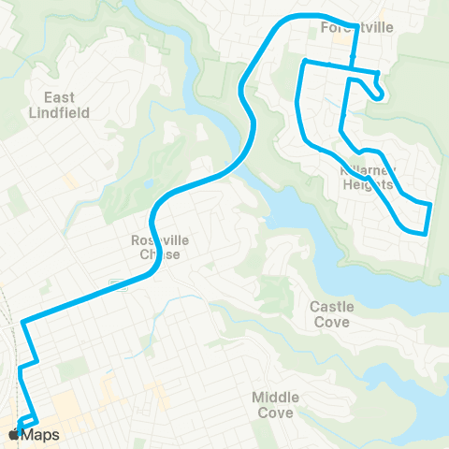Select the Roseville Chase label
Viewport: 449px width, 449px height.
pyautogui.click(x=160, y=247)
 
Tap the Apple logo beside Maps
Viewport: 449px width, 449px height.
pyautogui.click(x=14, y=435)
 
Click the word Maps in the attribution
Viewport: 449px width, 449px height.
pyautogui.click(x=41, y=435)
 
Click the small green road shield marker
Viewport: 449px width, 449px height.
pyautogui.click(x=113, y=283)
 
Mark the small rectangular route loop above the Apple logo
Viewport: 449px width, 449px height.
pyautogui.click(x=28, y=420)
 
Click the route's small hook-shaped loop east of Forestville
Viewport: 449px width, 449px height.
pyautogui.click(x=376, y=91)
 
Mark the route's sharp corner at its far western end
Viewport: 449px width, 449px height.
pyautogui.click(x=22, y=323)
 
